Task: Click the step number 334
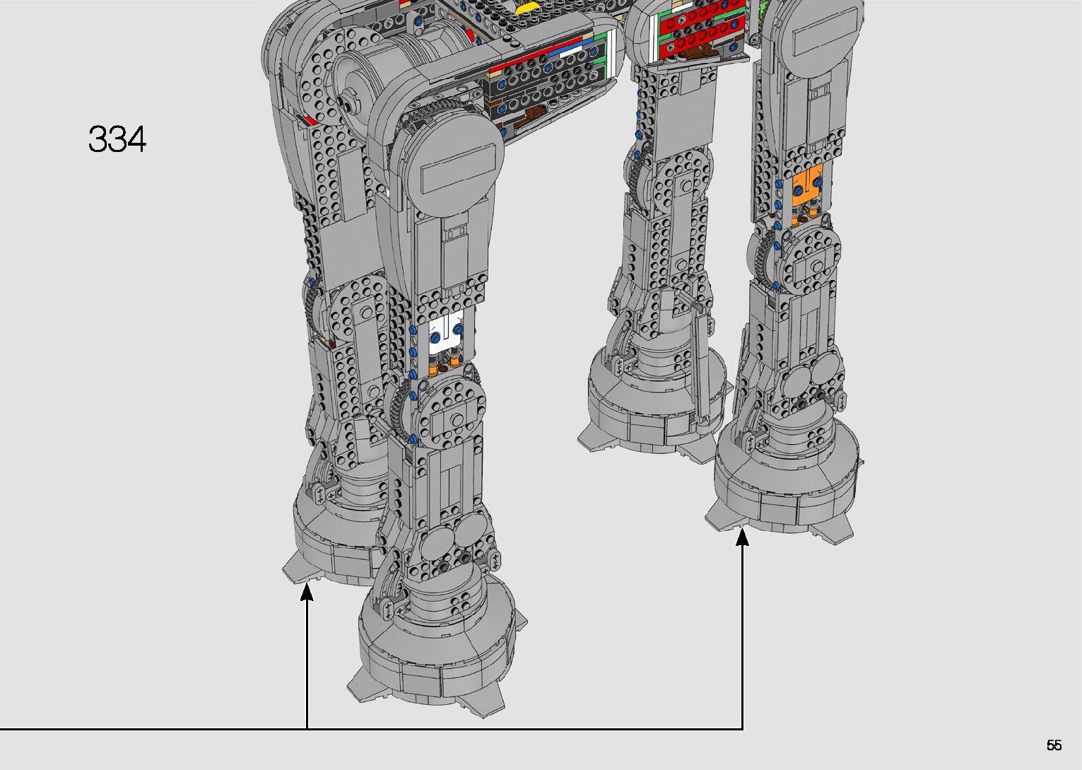[117, 139]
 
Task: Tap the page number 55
[1054, 745]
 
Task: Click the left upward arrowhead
[307, 593]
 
